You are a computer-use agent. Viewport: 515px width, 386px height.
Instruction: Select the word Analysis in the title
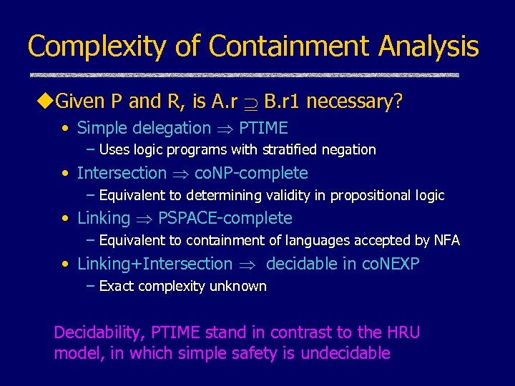coord(429,46)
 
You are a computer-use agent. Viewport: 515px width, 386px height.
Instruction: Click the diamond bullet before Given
coord(45,102)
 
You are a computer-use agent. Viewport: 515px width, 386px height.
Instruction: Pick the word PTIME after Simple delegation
coord(263,129)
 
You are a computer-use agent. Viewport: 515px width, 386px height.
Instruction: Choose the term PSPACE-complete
coord(225,218)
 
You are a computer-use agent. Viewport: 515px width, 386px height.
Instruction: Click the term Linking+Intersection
coord(154,264)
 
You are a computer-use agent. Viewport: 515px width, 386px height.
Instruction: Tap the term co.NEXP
coord(390,264)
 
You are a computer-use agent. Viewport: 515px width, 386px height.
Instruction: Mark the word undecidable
coord(345,353)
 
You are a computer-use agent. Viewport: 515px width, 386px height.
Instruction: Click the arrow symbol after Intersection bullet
coord(180,174)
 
